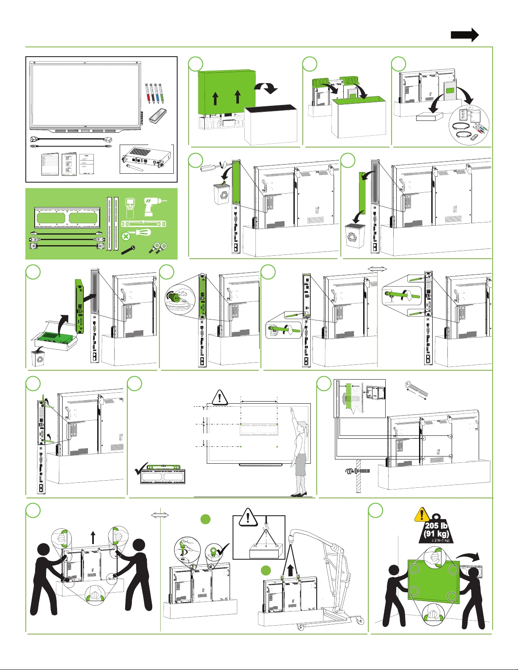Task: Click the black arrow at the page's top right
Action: pyautogui.click(x=465, y=35)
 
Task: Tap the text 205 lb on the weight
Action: pyautogui.click(x=436, y=526)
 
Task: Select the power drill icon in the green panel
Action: pyautogui.click(x=154, y=206)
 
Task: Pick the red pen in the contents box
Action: pyautogui.click(x=148, y=93)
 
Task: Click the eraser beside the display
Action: pyautogui.click(x=158, y=116)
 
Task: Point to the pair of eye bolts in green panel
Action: pyautogui.click(x=158, y=248)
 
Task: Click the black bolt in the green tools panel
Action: pyautogui.click(x=128, y=249)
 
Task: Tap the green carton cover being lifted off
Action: pyautogui.click(x=227, y=93)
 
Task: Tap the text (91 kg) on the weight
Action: pyautogui.click(x=436, y=534)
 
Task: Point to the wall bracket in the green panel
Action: pyautogui.click(x=67, y=218)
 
